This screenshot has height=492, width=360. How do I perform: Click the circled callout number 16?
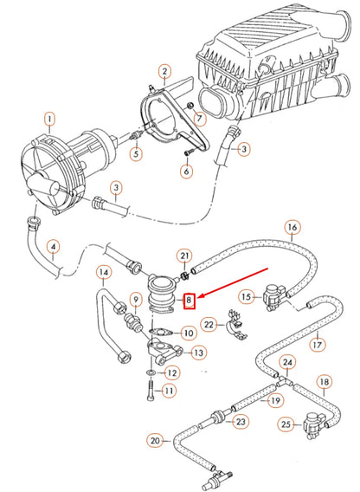click(292, 229)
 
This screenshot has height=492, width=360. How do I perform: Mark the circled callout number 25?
click(286, 424)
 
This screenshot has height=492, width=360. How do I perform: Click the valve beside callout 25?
click(314, 424)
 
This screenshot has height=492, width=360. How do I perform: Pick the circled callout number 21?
click(183, 256)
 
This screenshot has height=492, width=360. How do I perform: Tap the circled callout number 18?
click(324, 381)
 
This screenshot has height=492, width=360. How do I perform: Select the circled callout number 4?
click(53, 247)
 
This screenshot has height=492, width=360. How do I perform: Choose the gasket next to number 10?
click(161, 332)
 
